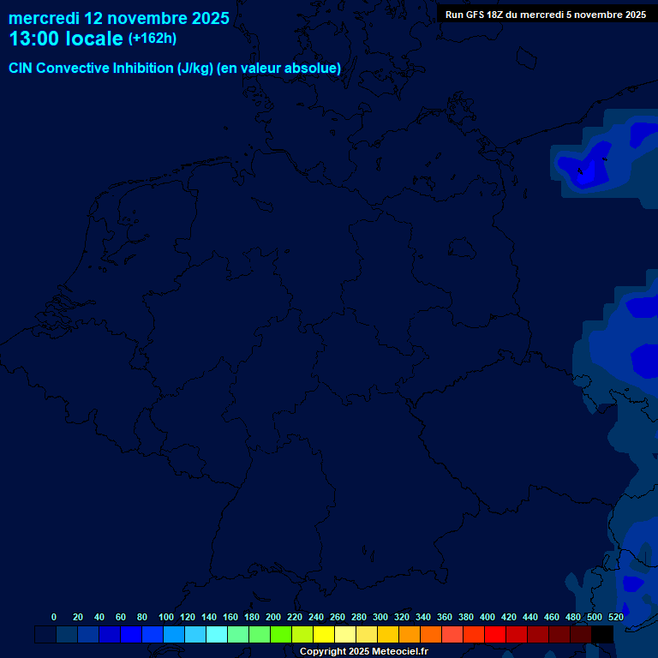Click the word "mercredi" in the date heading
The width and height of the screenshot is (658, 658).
[44, 18]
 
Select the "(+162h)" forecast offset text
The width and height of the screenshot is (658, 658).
[153, 39]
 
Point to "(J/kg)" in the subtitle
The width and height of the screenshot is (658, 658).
[194, 69]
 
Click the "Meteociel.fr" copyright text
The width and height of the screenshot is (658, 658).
[395, 651]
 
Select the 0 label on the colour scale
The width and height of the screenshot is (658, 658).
[54, 617]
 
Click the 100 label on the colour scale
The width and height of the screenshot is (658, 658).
[166, 617]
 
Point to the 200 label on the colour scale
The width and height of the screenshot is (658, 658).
[273, 617]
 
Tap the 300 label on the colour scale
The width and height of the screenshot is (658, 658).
[380, 617]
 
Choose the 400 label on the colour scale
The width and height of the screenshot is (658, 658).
[488, 617]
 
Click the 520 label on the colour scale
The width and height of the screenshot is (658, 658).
[616, 617]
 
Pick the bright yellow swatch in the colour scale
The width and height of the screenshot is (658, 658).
[324, 634]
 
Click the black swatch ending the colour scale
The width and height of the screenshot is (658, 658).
[602, 634]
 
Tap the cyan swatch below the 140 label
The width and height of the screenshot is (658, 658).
[217, 634]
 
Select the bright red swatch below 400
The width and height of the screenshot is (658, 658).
[495, 634]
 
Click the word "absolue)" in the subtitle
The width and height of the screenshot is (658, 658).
[314, 69]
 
